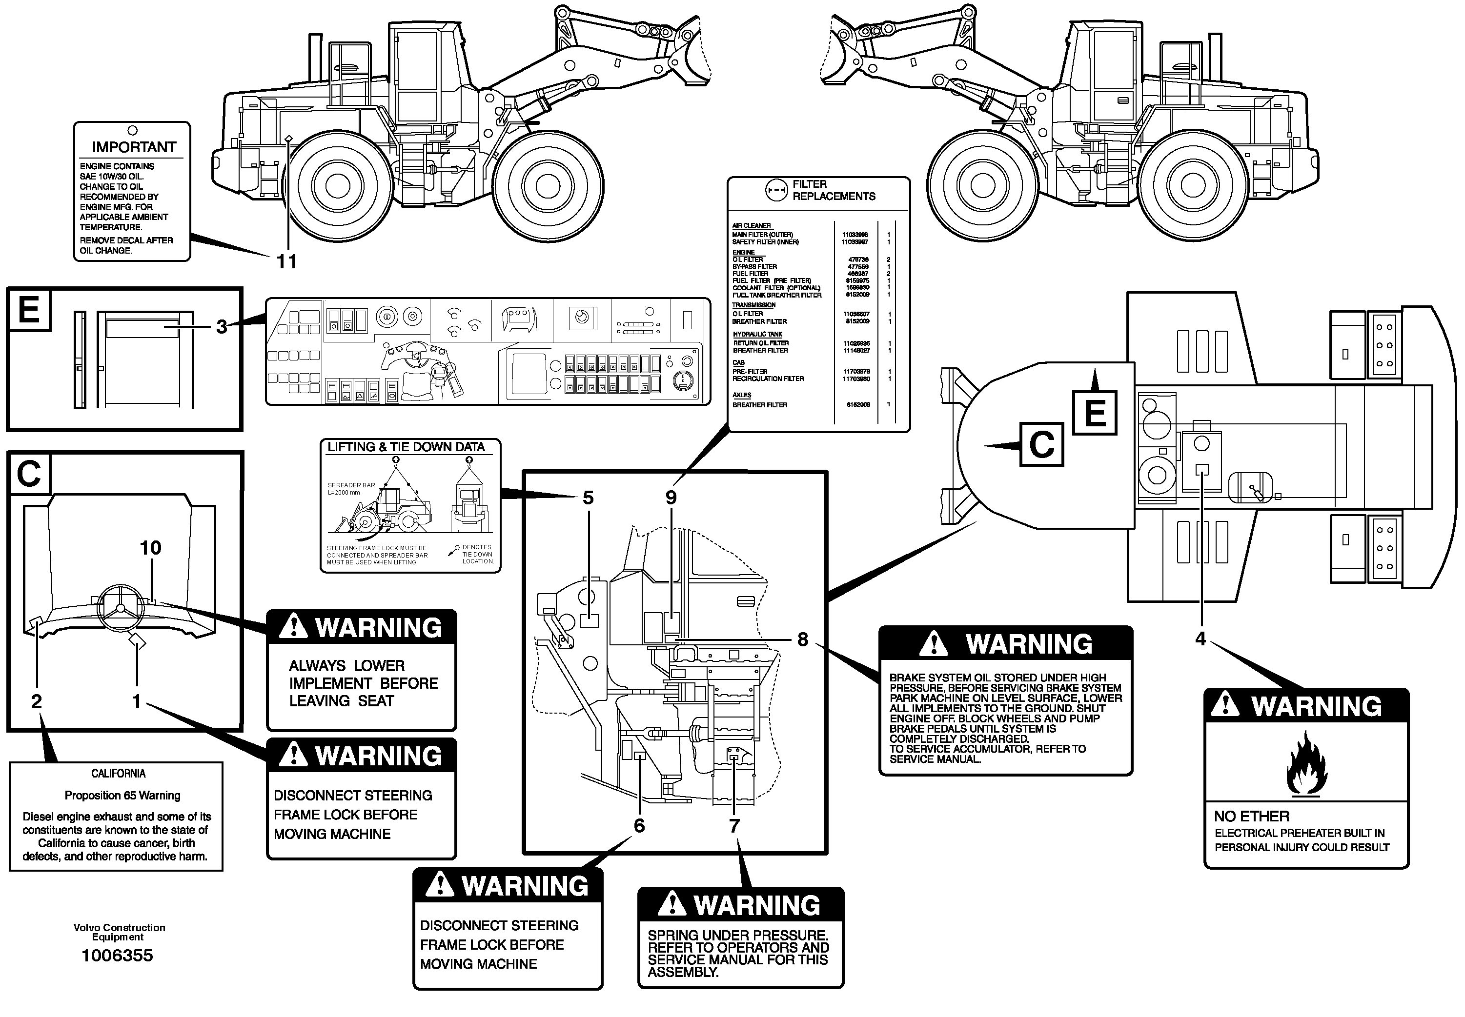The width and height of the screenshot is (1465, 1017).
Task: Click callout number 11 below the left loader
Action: (x=286, y=261)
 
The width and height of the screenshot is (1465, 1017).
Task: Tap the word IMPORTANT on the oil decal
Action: (x=133, y=147)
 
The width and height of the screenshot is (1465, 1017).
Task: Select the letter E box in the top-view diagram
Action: (x=1095, y=413)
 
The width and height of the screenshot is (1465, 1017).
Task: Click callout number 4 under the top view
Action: (x=1200, y=638)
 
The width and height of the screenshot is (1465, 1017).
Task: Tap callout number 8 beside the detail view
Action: (x=803, y=639)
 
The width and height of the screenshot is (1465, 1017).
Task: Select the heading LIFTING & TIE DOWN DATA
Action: (x=406, y=447)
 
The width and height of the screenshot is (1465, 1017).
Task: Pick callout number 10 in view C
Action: (x=150, y=547)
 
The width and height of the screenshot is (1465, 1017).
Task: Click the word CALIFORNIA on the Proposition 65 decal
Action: (x=119, y=774)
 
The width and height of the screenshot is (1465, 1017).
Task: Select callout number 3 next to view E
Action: (x=221, y=327)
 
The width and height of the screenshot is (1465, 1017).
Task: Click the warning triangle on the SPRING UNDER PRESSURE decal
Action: (x=671, y=905)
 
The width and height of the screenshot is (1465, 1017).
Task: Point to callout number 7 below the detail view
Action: (x=734, y=826)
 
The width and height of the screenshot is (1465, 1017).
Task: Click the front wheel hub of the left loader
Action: (x=547, y=185)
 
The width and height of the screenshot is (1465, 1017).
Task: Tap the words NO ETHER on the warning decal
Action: (x=1251, y=816)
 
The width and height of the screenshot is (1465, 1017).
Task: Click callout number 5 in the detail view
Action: (x=588, y=498)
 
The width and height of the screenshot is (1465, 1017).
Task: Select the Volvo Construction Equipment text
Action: (x=119, y=932)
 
